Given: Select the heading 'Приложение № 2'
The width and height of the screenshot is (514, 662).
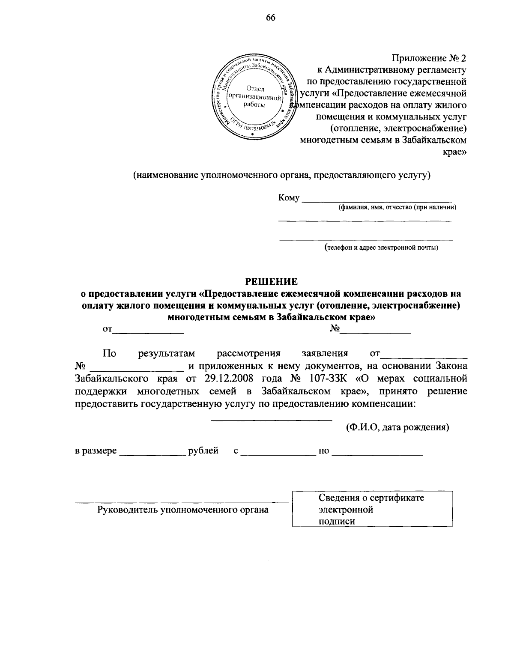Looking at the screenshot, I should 429,58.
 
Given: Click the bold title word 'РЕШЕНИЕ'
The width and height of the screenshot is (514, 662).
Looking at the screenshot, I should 271,282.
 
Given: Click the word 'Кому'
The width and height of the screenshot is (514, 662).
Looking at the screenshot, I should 288,198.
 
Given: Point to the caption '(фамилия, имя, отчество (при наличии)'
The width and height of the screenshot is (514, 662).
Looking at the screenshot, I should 397,208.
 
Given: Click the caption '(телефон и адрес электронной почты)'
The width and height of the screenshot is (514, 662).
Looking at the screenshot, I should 381,248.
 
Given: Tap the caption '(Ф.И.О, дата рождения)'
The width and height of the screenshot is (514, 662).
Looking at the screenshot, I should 397,427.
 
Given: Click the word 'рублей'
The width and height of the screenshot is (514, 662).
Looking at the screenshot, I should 203,450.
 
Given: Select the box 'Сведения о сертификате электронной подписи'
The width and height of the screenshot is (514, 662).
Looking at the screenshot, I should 372,509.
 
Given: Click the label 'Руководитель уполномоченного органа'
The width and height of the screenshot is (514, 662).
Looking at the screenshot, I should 183,510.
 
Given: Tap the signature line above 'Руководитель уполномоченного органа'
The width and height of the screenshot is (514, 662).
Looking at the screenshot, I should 182,501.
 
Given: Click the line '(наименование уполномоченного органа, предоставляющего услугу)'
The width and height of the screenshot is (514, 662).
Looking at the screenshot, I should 281,175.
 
